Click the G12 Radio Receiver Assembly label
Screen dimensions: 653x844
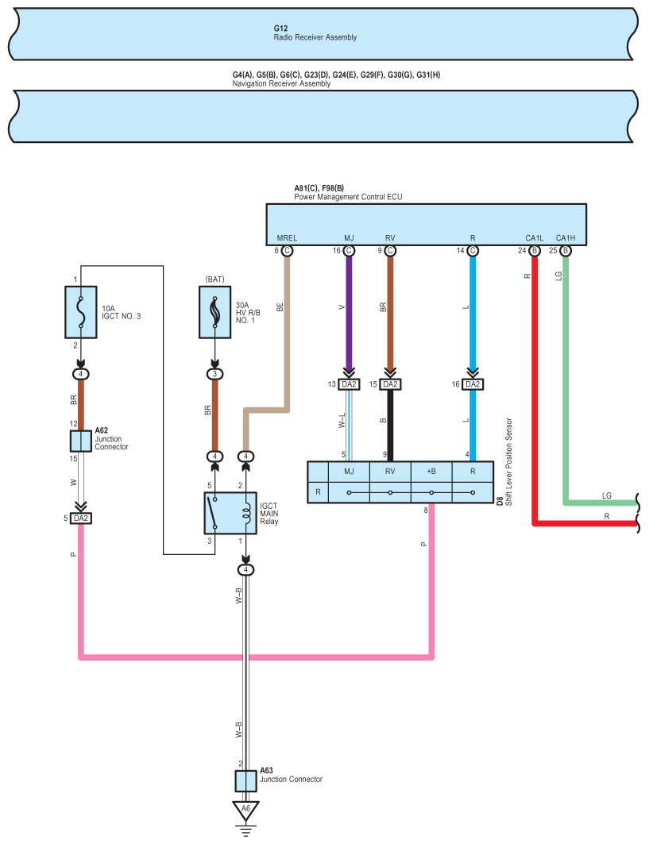click(x=315, y=33)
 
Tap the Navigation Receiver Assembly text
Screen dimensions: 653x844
click(x=281, y=83)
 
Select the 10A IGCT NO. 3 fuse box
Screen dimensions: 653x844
click(x=81, y=312)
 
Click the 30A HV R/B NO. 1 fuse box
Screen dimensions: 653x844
click(x=214, y=312)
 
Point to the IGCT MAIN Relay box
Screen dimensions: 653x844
click(x=230, y=513)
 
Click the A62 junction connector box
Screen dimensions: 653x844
click(x=81, y=441)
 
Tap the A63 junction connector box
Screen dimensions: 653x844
click(x=245, y=781)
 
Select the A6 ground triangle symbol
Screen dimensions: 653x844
click(x=245, y=810)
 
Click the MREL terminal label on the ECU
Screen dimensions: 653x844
click(x=287, y=238)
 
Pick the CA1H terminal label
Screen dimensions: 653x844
click(x=566, y=238)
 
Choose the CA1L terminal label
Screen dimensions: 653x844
click(x=535, y=238)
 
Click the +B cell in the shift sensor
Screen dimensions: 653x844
click(x=431, y=472)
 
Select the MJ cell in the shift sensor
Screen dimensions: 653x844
click(x=349, y=472)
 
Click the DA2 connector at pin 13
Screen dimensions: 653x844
click(x=349, y=384)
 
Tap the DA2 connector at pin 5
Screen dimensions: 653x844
click(x=81, y=518)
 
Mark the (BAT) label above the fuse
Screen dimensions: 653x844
click(x=214, y=279)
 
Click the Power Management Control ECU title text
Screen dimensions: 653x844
click(x=348, y=197)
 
